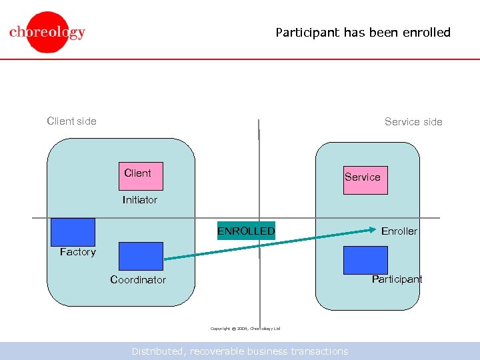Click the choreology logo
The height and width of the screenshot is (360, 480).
point(47,32)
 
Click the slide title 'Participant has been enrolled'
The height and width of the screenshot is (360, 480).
point(363,32)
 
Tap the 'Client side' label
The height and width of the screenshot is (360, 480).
point(71,121)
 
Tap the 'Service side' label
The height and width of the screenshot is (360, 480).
point(413,121)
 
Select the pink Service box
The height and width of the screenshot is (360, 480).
point(365,179)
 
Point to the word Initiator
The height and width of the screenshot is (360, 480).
point(140,200)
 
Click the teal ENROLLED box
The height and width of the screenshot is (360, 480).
point(246,231)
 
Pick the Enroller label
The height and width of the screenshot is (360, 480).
point(399,231)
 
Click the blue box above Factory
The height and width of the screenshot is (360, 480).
point(73,232)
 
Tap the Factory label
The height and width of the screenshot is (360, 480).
point(78,252)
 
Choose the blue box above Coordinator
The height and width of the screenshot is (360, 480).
point(141,256)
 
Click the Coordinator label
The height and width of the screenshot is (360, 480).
point(138,280)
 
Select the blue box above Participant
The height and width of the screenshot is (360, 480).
point(365,260)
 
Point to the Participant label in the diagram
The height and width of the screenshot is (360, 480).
point(397,279)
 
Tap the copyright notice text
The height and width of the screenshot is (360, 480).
point(245,329)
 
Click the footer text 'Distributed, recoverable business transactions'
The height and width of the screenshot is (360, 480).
point(239,351)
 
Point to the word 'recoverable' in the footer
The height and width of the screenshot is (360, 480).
point(219,351)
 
